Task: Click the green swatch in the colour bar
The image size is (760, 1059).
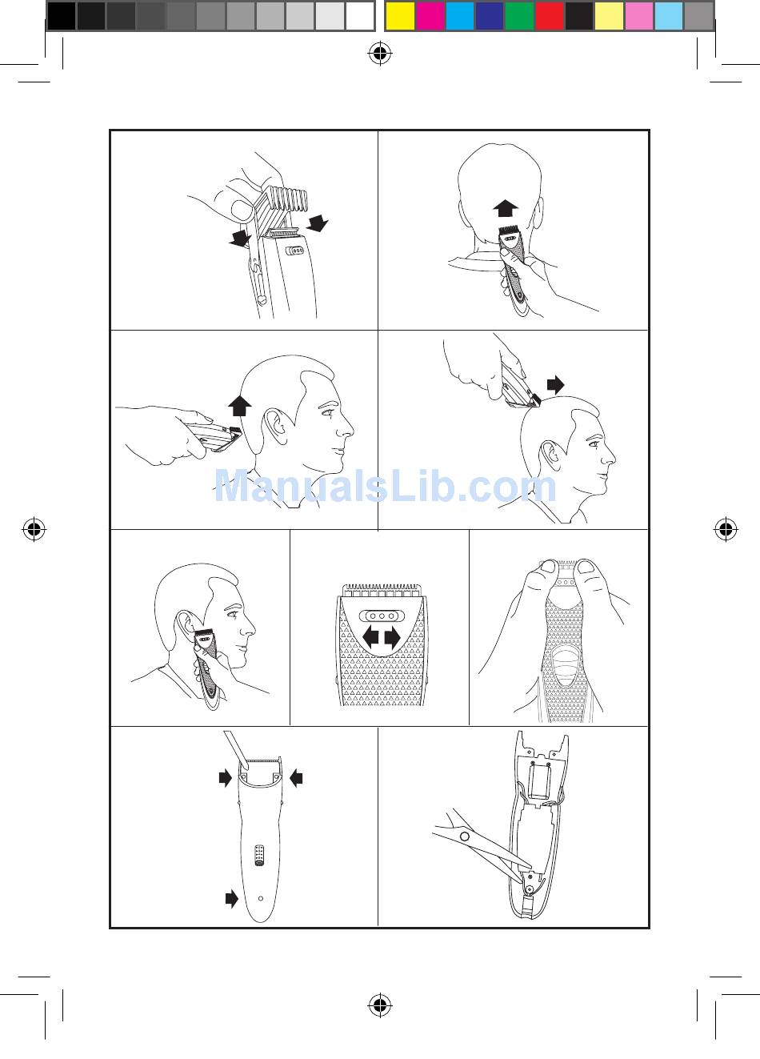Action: click(x=519, y=16)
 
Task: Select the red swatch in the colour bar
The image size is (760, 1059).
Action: click(x=550, y=16)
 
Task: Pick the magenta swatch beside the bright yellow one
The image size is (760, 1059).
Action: click(x=430, y=16)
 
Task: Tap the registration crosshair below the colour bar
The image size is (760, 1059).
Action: click(x=380, y=54)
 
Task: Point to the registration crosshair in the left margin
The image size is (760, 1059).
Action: click(x=34, y=529)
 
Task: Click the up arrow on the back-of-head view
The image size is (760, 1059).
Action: click(x=506, y=208)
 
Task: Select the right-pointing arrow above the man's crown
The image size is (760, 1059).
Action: click(x=555, y=385)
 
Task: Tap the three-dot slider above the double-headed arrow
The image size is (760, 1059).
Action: click(x=382, y=616)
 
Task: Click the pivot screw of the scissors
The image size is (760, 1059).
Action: click(x=464, y=836)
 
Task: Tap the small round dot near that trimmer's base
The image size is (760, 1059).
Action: click(x=261, y=898)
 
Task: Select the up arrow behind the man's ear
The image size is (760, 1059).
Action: click(x=240, y=406)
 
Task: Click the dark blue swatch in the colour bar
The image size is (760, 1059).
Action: click(x=489, y=16)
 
